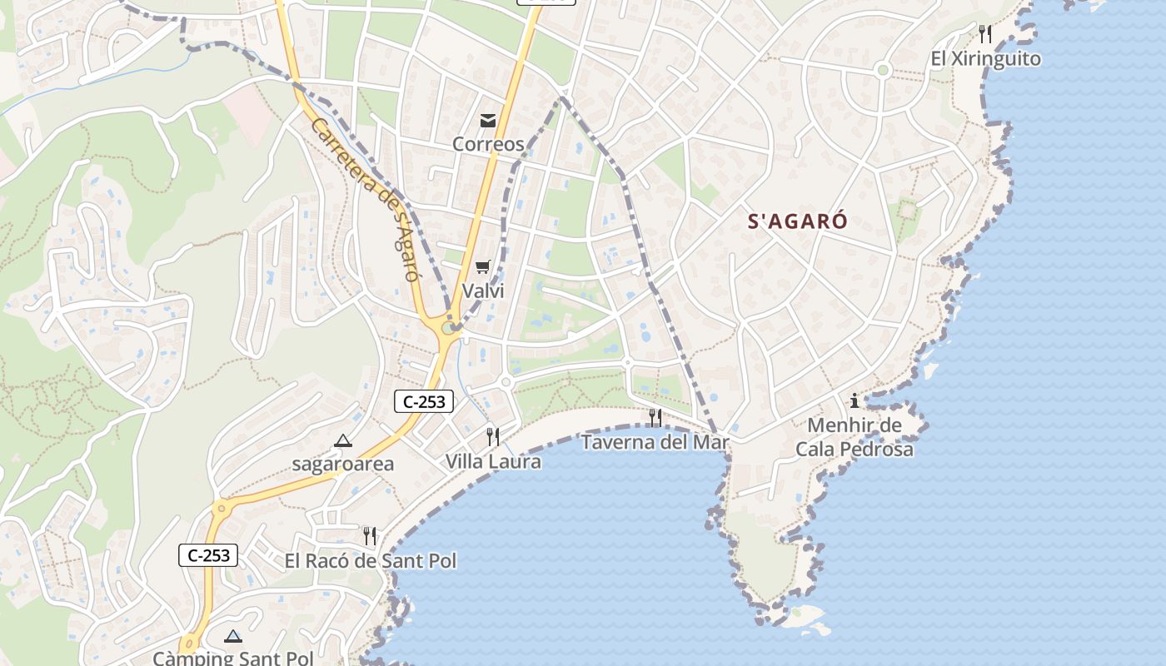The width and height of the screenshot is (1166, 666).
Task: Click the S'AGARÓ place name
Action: tap(797, 221)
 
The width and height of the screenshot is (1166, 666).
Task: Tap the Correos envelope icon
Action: tap(488, 121)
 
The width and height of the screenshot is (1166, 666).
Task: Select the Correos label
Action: tap(488, 144)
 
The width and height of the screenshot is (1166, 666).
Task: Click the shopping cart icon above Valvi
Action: tap(483, 267)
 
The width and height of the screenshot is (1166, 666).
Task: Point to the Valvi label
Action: tap(483, 291)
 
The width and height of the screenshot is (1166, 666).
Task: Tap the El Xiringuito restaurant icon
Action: tap(985, 34)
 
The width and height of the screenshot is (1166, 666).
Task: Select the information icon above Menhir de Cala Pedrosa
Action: tap(854, 400)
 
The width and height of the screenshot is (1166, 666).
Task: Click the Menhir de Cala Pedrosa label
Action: tap(854, 438)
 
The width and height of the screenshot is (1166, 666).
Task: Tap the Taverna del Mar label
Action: tap(655, 442)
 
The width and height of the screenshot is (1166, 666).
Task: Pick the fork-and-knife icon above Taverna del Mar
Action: tap(655, 417)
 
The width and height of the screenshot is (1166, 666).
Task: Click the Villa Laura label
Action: tap(493, 461)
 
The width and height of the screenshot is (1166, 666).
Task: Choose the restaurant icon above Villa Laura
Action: tap(493, 436)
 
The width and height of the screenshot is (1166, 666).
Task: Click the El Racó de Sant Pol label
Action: tap(371, 561)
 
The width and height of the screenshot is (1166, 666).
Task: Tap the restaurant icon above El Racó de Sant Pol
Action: tap(370, 536)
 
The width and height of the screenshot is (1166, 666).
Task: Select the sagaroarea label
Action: tap(342, 465)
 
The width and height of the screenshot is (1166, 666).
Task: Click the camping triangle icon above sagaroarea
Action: tap(342, 440)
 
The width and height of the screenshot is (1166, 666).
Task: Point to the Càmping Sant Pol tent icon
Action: tap(233, 637)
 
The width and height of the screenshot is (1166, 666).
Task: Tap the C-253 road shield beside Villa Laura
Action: tap(423, 402)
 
